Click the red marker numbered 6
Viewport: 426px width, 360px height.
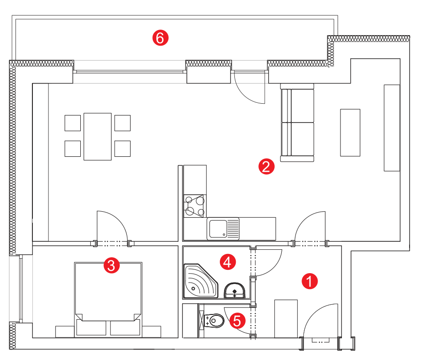[x=160, y=38]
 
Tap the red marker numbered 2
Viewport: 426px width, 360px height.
[x=266, y=167]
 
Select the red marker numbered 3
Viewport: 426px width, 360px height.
[x=111, y=265]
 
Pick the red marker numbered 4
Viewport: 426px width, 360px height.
[x=227, y=262]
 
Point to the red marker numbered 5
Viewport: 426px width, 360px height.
[x=237, y=321]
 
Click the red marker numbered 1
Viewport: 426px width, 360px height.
[x=310, y=281]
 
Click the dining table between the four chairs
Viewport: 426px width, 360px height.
[x=98, y=137]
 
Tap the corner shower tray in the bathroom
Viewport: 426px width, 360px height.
[x=201, y=281]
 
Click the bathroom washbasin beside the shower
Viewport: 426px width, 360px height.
[x=234, y=290]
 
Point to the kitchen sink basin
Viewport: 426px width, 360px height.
[x=218, y=229]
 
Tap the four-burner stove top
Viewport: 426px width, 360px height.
[x=195, y=206]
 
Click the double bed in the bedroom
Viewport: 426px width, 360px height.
[x=108, y=299]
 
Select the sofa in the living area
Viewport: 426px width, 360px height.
[x=297, y=123]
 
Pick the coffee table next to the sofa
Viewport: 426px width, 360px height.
[x=350, y=133]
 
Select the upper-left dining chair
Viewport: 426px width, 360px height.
[x=72, y=123]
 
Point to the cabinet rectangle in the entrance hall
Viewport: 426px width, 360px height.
[x=286, y=319]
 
